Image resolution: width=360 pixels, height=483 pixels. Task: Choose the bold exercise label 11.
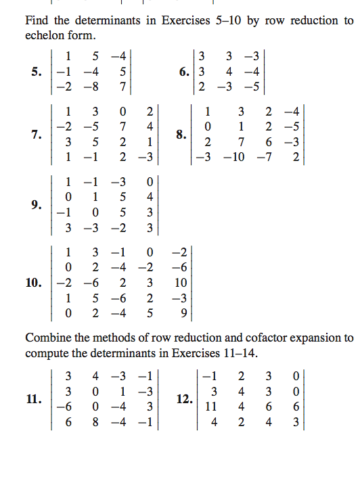point(35,399)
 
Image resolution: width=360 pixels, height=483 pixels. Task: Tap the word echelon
point(43,34)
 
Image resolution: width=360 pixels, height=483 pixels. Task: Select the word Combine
point(47,337)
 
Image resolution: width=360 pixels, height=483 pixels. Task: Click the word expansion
point(314,337)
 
